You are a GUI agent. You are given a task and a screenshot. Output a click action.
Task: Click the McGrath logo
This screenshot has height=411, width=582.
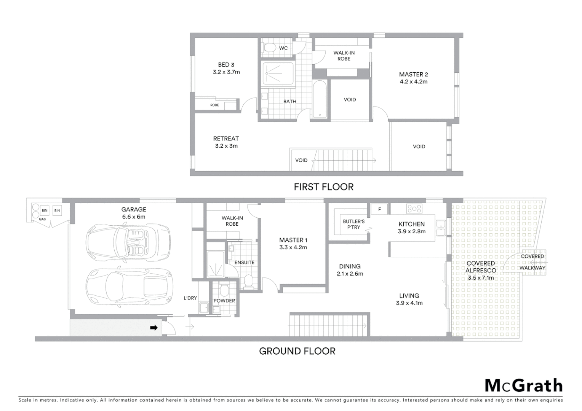tap(523, 386)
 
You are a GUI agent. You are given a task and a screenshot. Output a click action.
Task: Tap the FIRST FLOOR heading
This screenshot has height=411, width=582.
tap(323, 187)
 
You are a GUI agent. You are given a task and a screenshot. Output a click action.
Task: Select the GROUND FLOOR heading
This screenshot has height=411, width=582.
tap(297, 351)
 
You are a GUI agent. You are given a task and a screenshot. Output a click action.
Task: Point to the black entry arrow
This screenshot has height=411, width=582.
tap(154, 327)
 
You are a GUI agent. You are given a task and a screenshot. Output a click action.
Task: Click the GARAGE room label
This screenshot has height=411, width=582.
tap(134, 209)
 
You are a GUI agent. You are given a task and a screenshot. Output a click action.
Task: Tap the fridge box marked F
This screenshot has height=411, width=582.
tap(379, 209)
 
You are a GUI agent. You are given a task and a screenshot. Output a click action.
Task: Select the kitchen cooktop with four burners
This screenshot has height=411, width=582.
tap(414, 209)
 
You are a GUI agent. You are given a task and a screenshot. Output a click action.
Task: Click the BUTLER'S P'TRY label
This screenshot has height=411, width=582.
tap(353, 224)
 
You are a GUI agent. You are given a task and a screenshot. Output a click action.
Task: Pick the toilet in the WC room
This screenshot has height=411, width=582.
tap(270, 48)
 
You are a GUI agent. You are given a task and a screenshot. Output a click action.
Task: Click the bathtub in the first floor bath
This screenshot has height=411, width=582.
tap(319, 99)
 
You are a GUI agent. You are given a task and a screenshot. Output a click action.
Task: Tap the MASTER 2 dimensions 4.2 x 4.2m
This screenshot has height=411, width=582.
tap(413, 81)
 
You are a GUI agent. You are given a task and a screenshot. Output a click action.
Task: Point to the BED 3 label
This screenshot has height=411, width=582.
tap(226, 65)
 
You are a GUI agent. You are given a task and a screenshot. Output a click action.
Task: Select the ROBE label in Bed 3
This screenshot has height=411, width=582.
tap(214, 105)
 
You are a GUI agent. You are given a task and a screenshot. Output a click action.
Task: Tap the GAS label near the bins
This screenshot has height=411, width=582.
tap(42, 219)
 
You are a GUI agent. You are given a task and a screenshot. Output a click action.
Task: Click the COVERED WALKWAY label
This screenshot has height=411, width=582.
tap(532, 262)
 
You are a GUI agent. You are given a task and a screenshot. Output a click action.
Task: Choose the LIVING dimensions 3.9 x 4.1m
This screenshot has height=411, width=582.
tap(409, 303)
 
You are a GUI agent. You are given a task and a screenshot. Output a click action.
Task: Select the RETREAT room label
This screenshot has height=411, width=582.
tap(226, 139)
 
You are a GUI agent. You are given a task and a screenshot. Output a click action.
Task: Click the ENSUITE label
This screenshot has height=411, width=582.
tap(244, 262)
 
